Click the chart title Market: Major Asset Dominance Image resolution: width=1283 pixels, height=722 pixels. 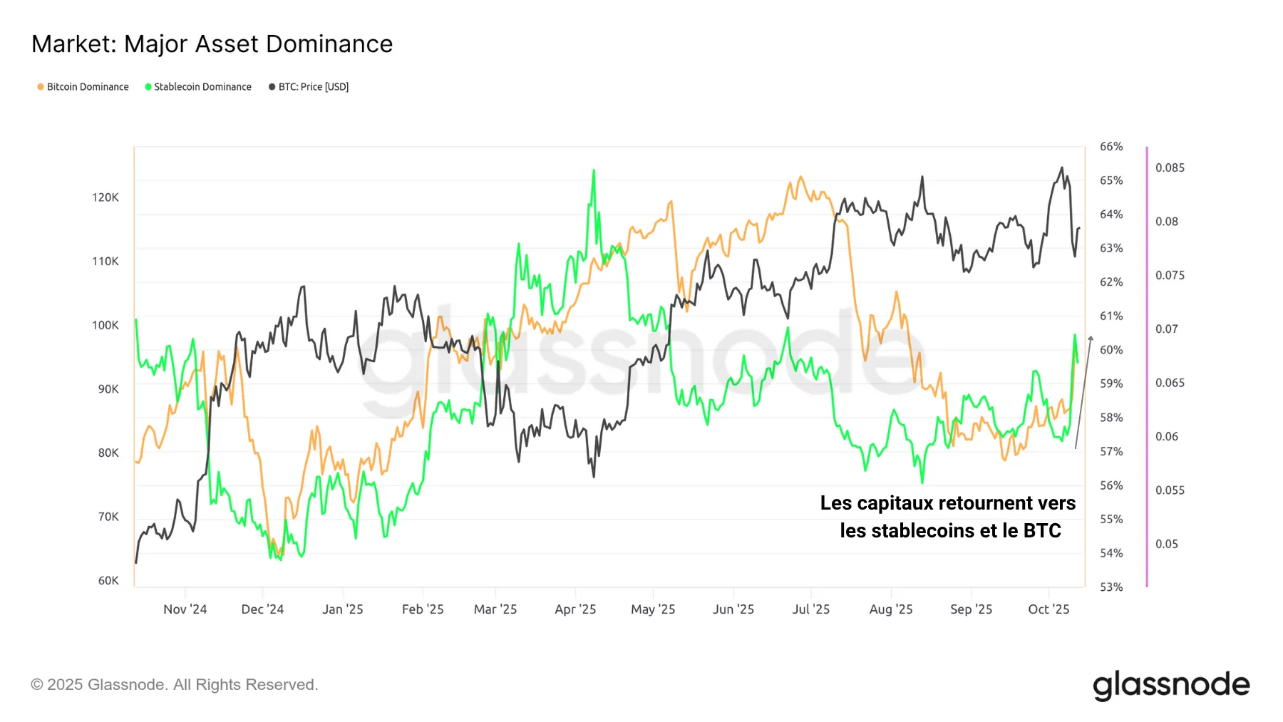tap(212, 44)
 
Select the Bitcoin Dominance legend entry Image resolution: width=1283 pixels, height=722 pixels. tap(83, 87)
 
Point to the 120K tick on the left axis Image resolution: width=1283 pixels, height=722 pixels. tap(105, 197)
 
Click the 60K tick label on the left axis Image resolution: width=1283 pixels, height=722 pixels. tap(108, 580)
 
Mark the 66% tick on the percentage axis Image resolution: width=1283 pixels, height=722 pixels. tap(1111, 147)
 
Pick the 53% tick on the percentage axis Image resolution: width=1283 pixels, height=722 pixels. tap(1111, 587)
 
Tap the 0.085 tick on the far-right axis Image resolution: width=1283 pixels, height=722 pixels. tap(1170, 167)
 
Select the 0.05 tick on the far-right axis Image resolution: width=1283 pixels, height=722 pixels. tap(1167, 544)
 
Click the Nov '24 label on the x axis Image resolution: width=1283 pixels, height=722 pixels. tap(185, 609)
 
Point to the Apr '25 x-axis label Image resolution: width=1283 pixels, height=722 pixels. tap(575, 609)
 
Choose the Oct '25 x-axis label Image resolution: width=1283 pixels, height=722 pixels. tap(1048, 609)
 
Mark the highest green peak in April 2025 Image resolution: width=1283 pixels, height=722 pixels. tap(594, 170)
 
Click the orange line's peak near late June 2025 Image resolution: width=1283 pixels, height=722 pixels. tap(800, 177)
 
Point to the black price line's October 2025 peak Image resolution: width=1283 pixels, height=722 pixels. tap(1062, 168)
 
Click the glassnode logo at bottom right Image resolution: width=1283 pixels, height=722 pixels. tap(1171, 685)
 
